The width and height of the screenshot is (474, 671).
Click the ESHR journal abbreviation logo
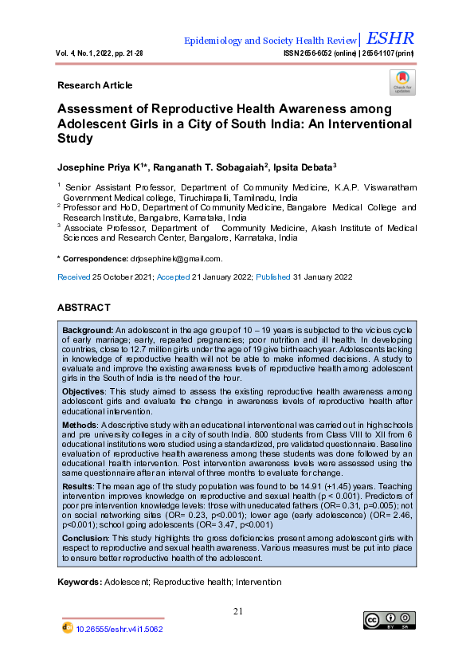[x=390, y=38]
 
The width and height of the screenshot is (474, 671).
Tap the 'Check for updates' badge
[x=402, y=82]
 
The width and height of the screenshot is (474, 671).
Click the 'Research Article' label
[x=95, y=85]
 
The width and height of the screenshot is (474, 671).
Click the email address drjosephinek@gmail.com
[x=175, y=259]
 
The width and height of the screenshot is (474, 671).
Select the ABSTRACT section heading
[x=84, y=308]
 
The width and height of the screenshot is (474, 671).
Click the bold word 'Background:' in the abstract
[x=88, y=329]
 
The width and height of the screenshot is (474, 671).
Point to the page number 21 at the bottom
[x=237, y=611]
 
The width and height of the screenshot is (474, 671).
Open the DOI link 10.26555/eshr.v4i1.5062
[x=119, y=629]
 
